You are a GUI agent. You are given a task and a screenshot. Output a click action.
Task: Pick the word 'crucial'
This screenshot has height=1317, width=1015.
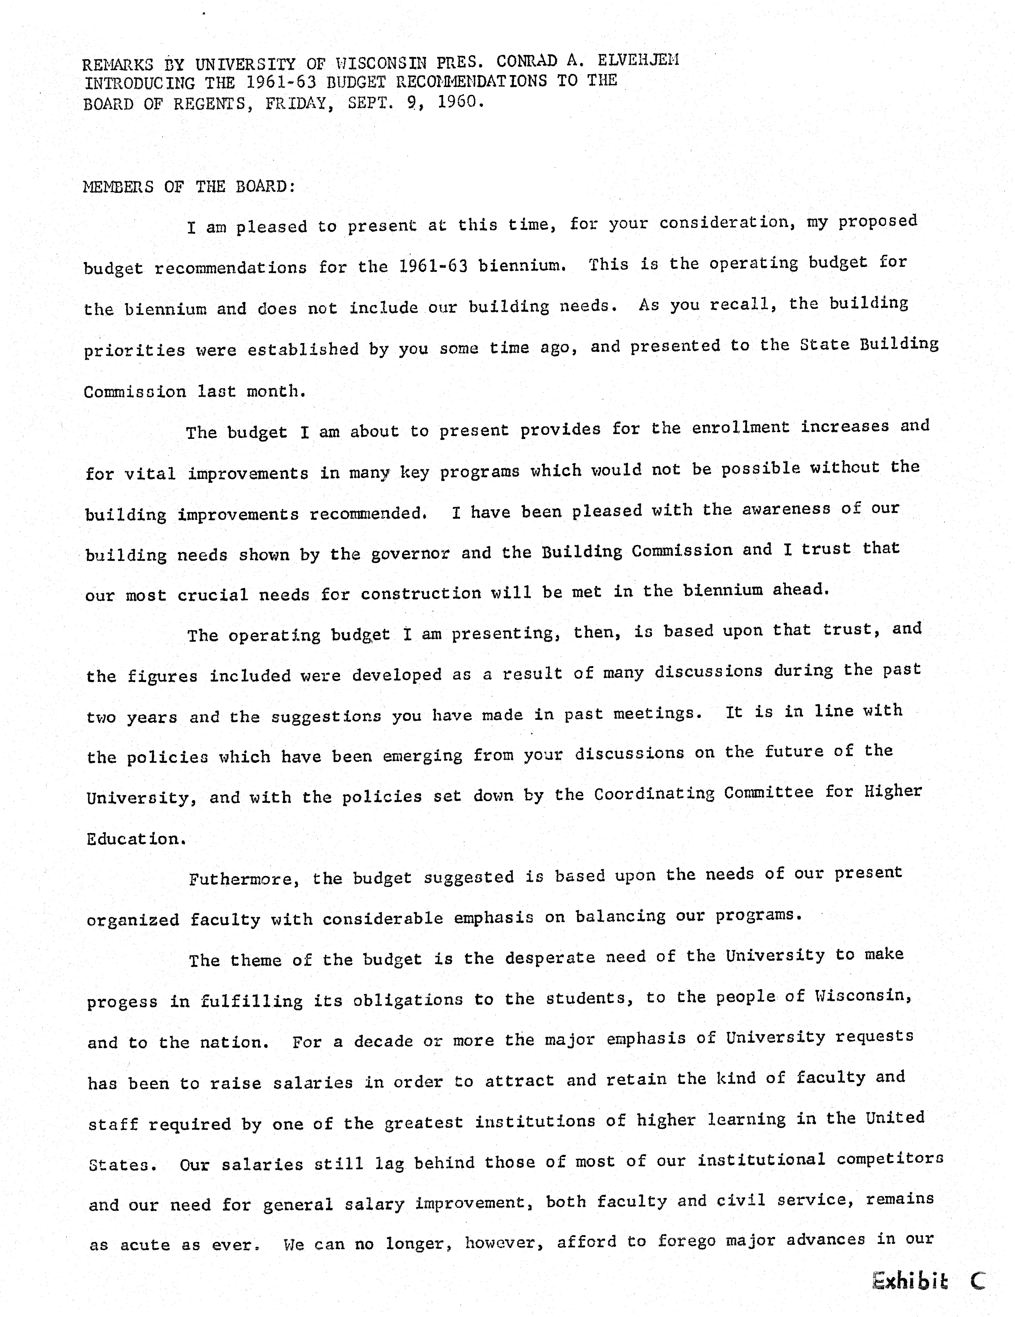pos(212,595)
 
